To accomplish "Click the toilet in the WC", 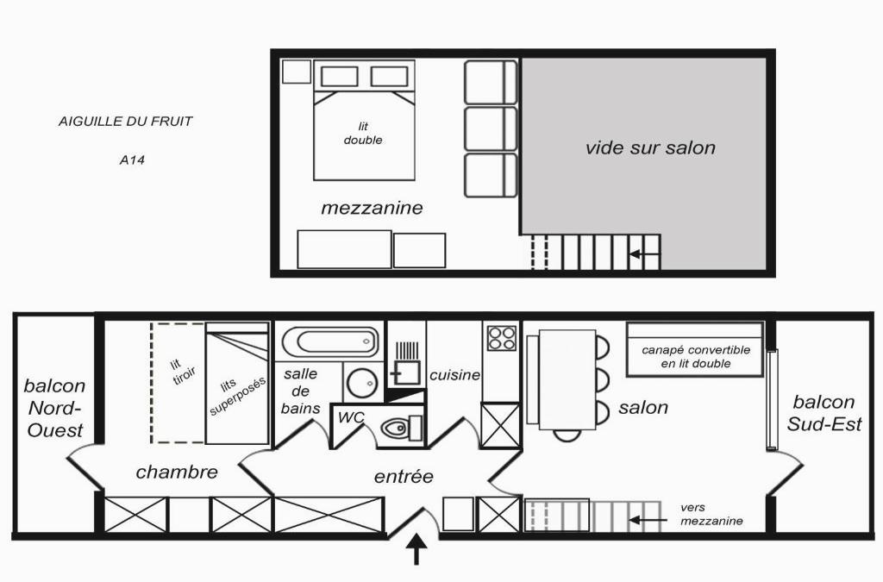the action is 402,428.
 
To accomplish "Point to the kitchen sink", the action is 404,366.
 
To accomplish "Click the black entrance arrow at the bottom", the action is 416,549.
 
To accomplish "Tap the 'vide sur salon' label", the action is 650,147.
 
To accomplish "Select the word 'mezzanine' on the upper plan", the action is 372,208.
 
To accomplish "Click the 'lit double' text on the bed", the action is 363,134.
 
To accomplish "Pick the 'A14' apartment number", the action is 132,160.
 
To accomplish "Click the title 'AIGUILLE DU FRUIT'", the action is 126,121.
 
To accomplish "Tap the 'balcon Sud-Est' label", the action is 824,413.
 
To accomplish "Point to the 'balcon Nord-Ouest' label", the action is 54,408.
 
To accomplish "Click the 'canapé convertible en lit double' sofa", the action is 696,349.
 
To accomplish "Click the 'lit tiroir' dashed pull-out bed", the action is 178,383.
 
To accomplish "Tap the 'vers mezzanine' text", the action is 711,515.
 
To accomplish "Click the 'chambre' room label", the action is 177,472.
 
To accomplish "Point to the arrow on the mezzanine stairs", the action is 645,254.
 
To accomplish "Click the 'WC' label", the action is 352,417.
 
